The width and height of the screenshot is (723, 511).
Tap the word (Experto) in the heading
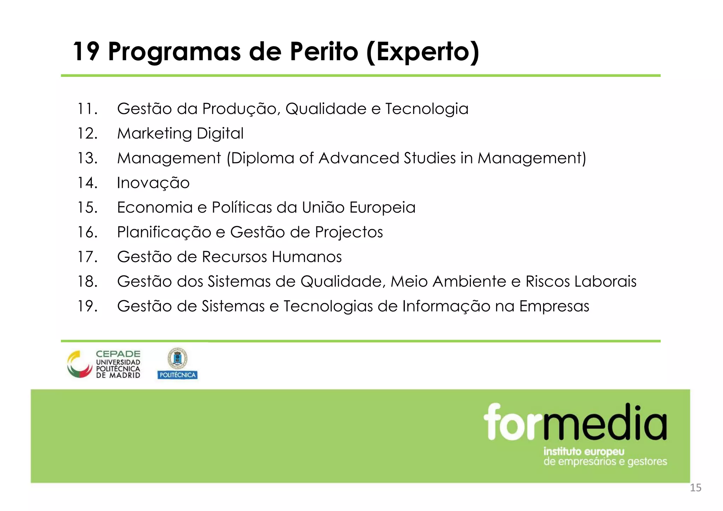tap(423, 52)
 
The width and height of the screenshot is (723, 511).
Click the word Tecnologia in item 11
tap(427, 109)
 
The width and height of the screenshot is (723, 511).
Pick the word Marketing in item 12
tap(155, 134)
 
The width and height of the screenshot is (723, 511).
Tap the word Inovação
tap(153, 183)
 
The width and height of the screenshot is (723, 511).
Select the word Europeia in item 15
tap(382, 208)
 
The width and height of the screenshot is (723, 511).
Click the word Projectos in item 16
tap(349, 232)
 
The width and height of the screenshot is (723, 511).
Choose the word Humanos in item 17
tap(307, 257)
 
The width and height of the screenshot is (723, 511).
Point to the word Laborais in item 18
tap(605, 281)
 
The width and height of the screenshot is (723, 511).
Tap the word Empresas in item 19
tap(554, 306)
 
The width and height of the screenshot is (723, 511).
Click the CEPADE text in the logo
tap(118, 354)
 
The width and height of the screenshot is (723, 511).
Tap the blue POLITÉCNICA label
tap(178, 375)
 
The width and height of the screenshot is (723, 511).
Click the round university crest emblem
tap(177, 358)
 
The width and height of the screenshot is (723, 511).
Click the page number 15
tap(695, 488)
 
